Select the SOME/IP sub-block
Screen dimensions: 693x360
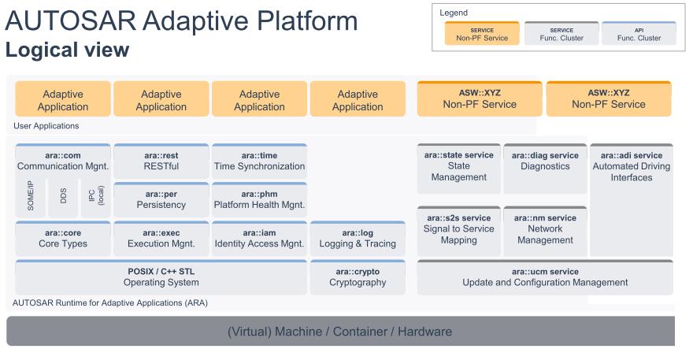31,198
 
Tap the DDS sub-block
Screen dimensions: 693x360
63,198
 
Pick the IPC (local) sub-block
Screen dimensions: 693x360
95,198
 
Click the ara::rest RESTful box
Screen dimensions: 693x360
161,161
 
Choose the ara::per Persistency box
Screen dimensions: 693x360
161,199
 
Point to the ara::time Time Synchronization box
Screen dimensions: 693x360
259,161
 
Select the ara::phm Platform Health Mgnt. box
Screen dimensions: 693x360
259,199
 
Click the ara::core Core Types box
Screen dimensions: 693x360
63,239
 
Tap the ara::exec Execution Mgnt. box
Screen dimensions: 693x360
161,239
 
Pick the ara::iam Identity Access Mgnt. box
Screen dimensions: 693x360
259,239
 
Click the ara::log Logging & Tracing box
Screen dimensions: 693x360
358,239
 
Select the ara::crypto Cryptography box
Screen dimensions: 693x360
358,277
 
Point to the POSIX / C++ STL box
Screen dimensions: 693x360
161,277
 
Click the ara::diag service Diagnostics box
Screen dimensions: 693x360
545,169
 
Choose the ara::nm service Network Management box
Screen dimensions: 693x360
545,231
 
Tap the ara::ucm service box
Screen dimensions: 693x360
545,277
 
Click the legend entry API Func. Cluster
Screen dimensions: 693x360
639,34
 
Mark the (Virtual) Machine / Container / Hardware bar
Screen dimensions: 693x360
340,331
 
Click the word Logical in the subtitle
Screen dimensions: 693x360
42,50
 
